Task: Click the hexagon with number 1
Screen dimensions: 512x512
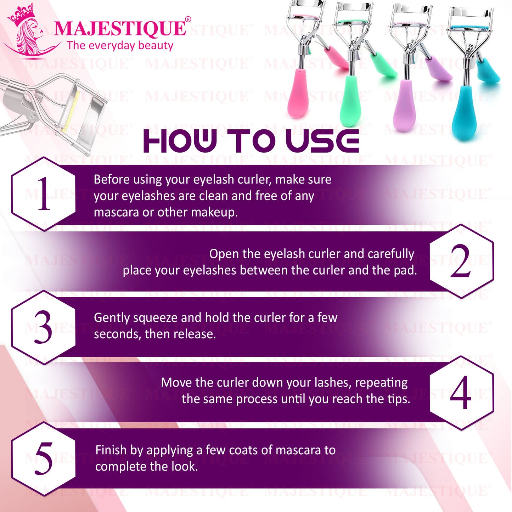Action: click(43, 194)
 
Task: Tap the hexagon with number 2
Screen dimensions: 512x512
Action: click(462, 261)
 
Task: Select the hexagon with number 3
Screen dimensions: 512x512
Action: click(43, 327)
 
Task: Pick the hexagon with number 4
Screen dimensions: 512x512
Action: click(462, 393)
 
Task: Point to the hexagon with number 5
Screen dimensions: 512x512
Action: click(43, 459)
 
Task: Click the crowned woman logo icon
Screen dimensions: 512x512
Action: click(29, 30)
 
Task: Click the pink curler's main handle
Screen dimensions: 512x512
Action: click(298, 93)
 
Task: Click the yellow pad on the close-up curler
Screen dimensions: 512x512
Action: click(71, 111)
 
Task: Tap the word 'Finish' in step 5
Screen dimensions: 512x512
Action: click(111, 450)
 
